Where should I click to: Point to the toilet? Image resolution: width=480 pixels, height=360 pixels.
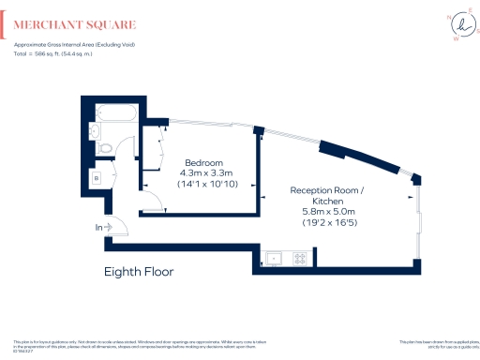[x=107, y=146]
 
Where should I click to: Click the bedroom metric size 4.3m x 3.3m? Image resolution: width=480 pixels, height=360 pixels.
[x=202, y=172]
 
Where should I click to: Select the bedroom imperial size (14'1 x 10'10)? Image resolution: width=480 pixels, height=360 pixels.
[x=202, y=185]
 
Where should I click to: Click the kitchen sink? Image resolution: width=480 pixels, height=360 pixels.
[x=276, y=257]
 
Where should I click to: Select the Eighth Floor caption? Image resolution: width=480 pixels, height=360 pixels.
[x=139, y=272]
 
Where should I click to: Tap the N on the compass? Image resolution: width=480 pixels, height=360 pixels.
[x=445, y=17]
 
